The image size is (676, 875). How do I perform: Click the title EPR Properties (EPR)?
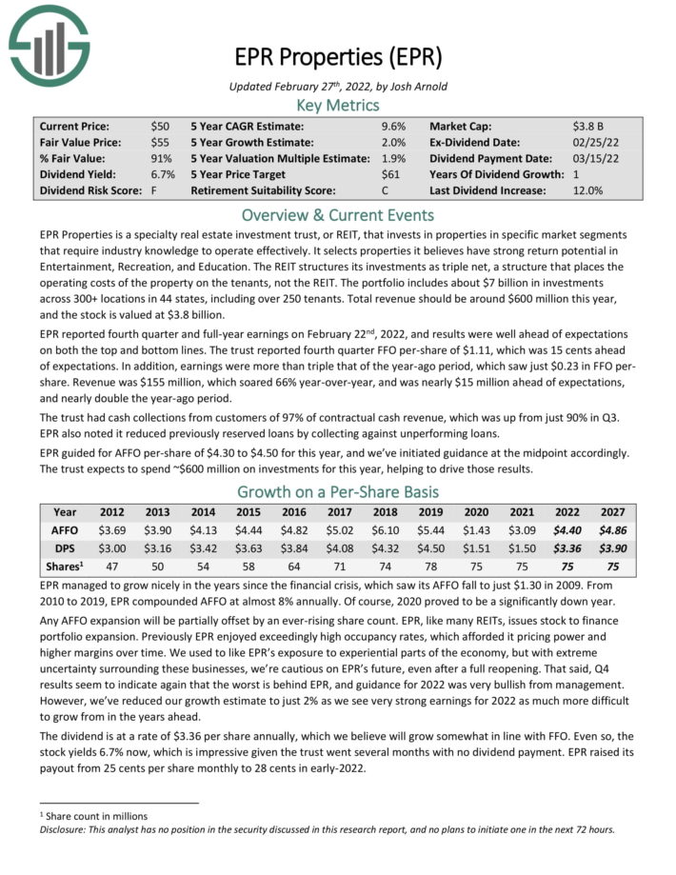tap(338, 57)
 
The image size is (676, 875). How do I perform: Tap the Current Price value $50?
tap(161, 126)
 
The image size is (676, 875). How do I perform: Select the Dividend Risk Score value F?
tap(154, 190)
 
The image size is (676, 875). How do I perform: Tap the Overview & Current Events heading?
tap(338, 214)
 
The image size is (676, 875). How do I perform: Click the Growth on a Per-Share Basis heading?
tap(338, 492)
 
